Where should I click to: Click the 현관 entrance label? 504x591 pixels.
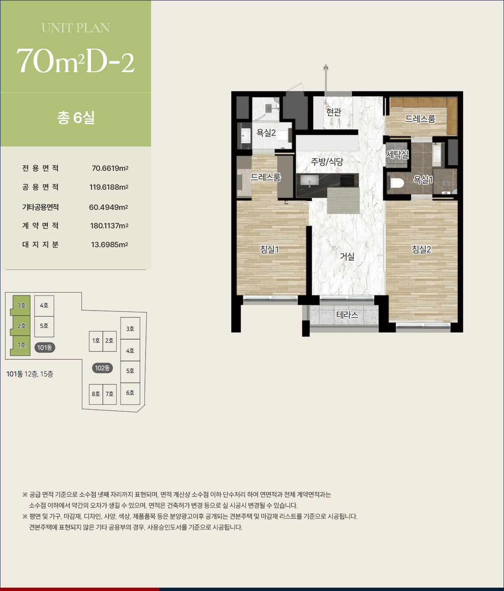[334, 112]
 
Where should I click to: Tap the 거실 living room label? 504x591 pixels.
[347, 256]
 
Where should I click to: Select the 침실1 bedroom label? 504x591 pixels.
[269, 249]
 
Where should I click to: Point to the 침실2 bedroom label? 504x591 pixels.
[421, 249]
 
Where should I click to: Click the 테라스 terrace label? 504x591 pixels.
[347, 315]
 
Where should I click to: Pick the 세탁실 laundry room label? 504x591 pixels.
[397, 154]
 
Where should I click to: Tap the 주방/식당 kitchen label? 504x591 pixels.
[327, 162]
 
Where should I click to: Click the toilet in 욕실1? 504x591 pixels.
[397, 183]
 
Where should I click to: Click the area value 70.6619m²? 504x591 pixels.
[110, 168]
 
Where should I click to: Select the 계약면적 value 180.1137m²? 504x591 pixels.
[109, 225]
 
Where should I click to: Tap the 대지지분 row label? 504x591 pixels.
[40, 244]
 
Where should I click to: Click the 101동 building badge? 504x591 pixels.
[44, 348]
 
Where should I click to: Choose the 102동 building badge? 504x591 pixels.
[102, 368]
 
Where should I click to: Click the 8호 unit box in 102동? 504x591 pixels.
[96, 394]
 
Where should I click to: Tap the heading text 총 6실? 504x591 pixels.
[76, 117]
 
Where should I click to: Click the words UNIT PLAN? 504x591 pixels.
[76, 28]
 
